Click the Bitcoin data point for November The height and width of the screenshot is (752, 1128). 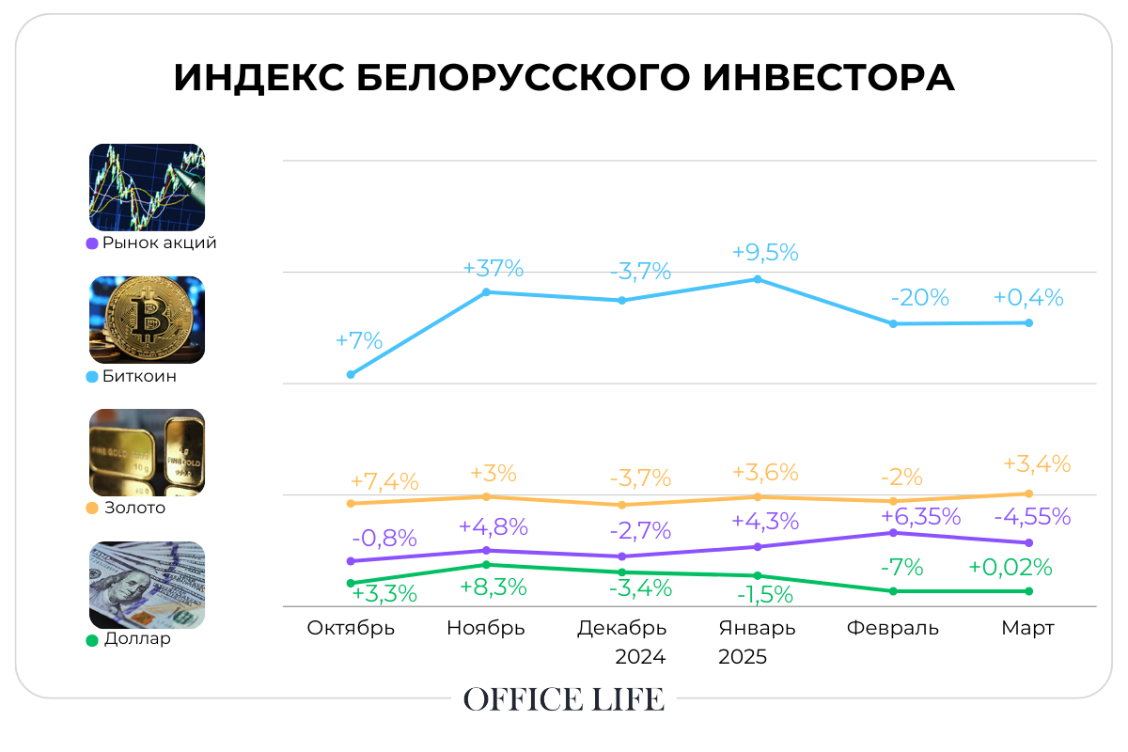487,292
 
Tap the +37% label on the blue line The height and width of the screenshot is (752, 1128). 493,268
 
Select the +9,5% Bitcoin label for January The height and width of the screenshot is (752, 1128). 765,252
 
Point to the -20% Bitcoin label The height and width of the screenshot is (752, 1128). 919,298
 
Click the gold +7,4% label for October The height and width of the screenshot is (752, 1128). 383,482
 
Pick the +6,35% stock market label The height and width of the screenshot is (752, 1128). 920,516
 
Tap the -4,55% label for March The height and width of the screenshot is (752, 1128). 1031,516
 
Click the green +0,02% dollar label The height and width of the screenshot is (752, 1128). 1010,568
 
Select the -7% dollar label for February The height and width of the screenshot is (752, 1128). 901,568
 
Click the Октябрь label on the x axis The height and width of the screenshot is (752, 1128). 351,628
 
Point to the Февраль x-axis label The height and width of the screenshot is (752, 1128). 892,628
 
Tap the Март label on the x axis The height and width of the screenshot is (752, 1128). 1028,628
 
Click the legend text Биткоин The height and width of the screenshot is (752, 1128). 139,377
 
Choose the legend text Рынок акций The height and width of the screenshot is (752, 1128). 159,243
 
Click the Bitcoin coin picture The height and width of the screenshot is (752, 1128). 147,320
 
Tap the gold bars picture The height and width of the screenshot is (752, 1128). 147,452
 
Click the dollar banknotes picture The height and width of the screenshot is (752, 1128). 147,585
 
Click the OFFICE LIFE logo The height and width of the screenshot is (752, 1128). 564,699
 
